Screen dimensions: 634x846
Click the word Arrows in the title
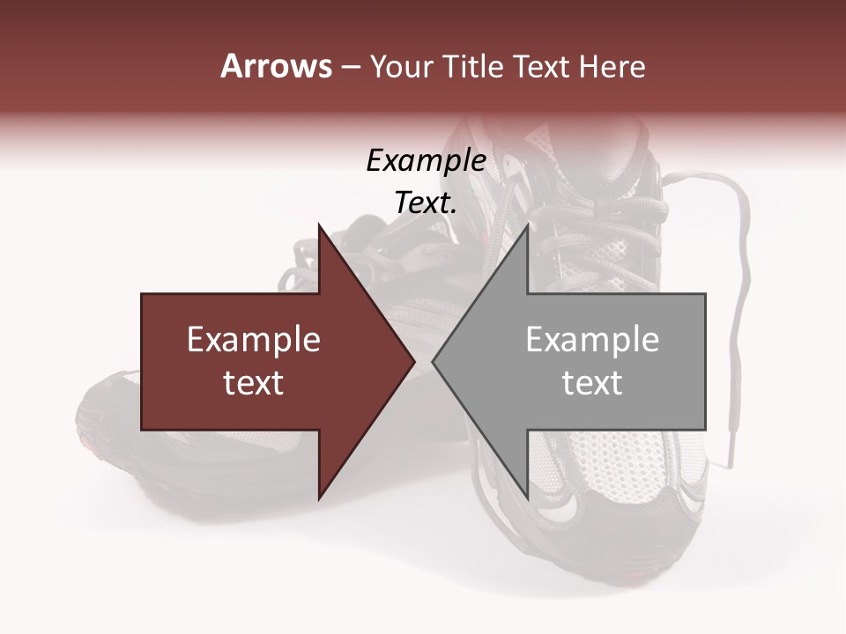pyautogui.click(x=275, y=67)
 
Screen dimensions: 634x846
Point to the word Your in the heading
pyautogui.click(x=401, y=67)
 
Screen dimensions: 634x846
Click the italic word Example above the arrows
pyautogui.click(x=426, y=161)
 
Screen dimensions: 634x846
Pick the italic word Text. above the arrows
pyautogui.click(x=426, y=203)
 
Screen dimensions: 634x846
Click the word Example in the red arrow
pyautogui.click(x=254, y=340)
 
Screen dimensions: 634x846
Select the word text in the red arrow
pyautogui.click(x=254, y=383)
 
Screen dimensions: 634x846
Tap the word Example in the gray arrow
pyautogui.click(x=592, y=340)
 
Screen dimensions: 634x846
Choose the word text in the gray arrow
pyautogui.click(x=592, y=383)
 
